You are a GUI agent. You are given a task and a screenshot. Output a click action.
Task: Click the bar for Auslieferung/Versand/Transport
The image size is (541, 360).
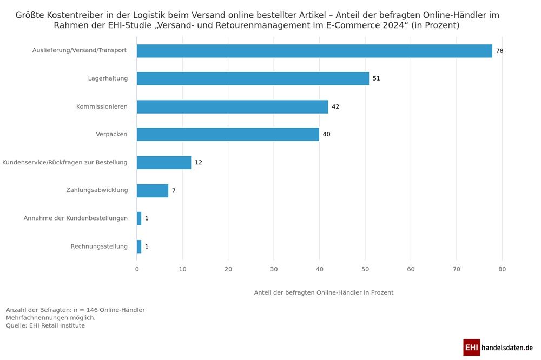tap(314, 51)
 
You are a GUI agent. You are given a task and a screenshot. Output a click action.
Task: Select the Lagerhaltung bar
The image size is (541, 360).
tap(253, 78)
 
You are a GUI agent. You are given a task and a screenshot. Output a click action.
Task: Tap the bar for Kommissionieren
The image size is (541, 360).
tap(232, 106)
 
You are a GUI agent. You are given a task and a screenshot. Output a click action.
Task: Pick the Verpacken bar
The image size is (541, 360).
tap(228, 134)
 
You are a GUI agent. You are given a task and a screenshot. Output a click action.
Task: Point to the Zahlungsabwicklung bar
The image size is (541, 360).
tap(153, 190)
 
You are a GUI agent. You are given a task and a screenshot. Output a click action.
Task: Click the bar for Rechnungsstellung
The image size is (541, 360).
tap(139, 246)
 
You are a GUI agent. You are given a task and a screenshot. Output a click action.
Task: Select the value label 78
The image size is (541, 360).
tap(499, 51)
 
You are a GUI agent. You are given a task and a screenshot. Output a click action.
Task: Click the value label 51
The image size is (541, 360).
tap(376, 78)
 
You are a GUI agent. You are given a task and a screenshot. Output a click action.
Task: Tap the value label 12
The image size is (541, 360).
tap(198, 162)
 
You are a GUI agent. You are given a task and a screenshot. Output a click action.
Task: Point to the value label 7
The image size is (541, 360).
tap(174, 190)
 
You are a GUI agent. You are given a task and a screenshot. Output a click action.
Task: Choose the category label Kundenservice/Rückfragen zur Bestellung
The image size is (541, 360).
tap(65, 162)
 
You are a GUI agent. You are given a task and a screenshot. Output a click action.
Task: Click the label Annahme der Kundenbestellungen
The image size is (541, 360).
tap(75, 218)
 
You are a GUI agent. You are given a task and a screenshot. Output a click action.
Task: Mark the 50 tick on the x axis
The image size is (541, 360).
tap(365, 269)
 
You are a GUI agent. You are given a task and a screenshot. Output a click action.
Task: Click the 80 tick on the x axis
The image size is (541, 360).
tap(502, 269)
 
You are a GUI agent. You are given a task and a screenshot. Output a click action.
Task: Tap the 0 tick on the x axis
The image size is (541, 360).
tap(137, 269)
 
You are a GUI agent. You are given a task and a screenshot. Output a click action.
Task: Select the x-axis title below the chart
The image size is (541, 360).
tap(324, 292)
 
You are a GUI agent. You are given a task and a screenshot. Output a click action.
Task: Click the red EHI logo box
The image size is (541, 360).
tap(471, 347)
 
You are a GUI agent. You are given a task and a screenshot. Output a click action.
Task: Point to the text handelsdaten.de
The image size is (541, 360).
tap(507, 347)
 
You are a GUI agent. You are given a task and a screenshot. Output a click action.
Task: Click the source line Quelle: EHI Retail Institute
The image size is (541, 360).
tap(45, 325)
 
